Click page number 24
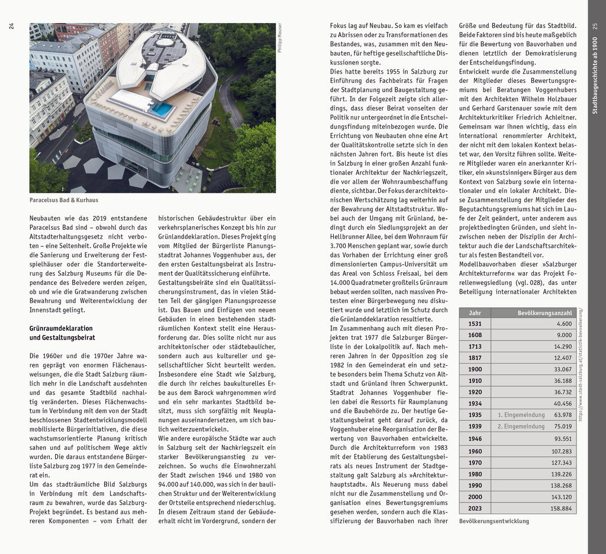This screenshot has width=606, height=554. pyautogui.click(x=11, y=26)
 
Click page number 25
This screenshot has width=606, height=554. pyautogui.click(x=595, y=26)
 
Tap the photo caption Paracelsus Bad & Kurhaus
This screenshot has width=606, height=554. pyautogui.click(x=64, y=201)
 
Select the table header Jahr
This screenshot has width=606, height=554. pyautogui.click(x=475, y=313)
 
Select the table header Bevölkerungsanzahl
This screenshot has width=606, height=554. pyautogui.click(x=544, y=313)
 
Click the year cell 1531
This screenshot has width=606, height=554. pyautogui.click(x=475, y=324)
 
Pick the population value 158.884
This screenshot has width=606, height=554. pyautogui.click(x=561, y=508)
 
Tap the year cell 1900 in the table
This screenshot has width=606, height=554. pyautogui.click(x=475, y=369)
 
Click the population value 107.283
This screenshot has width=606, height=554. pyautogui.click(x=561, y=451)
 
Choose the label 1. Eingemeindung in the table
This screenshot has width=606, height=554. pyautogui.click(x=521, y=415)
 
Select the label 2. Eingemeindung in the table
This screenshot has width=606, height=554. pyautogui.click(x=521, y=426)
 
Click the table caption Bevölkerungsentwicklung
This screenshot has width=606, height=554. pyautogui.click(x=494, y=521)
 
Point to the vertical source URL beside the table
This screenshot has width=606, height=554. pyautogui.click(x=581, y=364)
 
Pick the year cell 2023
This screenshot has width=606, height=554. pyautogui.click(x=475, y=508)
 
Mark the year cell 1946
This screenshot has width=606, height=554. pyautogui.click(x=475, y=439)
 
